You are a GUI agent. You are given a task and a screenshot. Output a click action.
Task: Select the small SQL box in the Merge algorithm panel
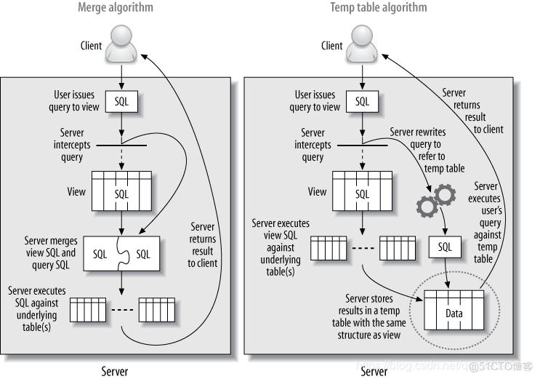click(121, 102)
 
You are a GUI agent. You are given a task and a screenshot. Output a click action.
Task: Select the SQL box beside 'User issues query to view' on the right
click(362, 102)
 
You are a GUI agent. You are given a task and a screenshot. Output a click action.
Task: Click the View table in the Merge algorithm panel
click(121, 193)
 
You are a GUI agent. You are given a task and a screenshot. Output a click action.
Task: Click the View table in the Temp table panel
click(362, 193)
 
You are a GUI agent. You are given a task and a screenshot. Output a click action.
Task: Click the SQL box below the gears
click(444, 247)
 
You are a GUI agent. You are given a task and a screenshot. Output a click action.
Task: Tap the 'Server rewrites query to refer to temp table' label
click(427, 150)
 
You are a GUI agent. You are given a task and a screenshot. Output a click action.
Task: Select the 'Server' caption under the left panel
click(114, 371)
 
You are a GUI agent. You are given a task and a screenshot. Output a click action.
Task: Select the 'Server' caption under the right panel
click(374, 371)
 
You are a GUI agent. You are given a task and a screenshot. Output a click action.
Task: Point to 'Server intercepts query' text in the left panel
click(73, 145)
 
